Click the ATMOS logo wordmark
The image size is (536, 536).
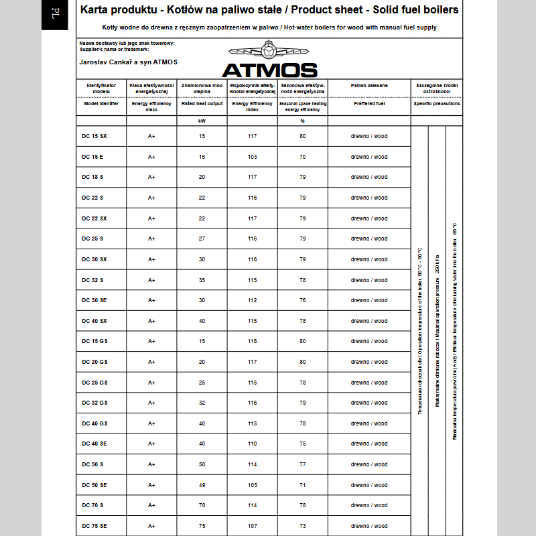[269, 70]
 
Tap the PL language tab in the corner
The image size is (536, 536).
[55, 14]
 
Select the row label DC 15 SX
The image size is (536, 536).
[94, 136]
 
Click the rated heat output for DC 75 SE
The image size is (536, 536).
[202, 526]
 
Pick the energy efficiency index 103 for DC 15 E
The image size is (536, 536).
[252, 157]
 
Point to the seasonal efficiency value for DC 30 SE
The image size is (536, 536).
[302, 300]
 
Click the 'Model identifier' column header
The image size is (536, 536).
[101, 104]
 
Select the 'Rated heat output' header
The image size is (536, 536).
[202, 104]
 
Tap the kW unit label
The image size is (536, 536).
[202, 121]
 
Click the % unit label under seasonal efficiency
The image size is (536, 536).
[302, 121]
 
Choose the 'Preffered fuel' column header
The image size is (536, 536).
[369, 104]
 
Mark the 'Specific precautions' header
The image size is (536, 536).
[437, 104]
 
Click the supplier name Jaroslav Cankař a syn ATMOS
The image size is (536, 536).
[128, 62]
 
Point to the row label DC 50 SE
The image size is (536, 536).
[94, 485]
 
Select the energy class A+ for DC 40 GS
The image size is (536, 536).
[151, 423]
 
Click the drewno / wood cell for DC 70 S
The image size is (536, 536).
[369, 505]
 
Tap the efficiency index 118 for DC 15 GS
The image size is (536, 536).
[252, 341]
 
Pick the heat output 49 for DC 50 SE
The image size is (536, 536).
[202, 485]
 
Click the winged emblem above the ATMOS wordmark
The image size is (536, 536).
[269, 51]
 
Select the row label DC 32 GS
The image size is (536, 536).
[94, 403]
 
